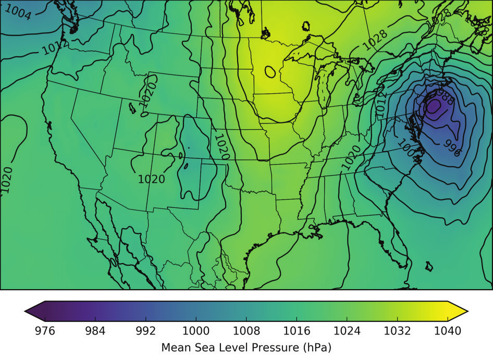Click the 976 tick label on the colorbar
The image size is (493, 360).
pyautogui.click(x=44, y=330)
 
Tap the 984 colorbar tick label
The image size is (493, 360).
pyautogui.click(x=95, y=330)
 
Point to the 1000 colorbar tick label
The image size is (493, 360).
pyautogui.click(x=196, y=330)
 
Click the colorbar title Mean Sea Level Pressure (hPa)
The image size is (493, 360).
pyautogui.click(x=246, y=346)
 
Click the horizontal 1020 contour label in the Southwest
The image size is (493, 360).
pyautogui.click(x=152, y=179)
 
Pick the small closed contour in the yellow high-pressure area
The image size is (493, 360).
pyautogui.click(x=270, y=71)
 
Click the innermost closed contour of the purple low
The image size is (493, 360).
pyautogui.click(x=434, y=107)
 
